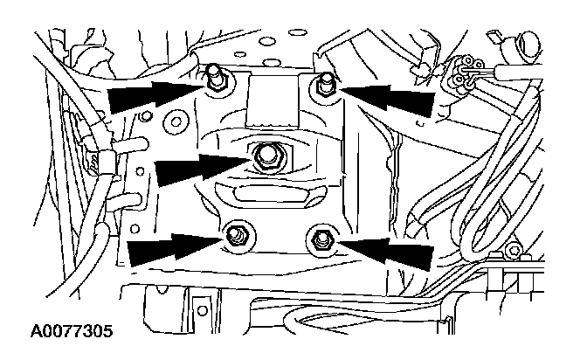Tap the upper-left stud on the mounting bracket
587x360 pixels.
tap(215, 78)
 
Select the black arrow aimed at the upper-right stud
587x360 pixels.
tap(388, 98)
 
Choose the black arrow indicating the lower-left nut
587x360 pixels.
tap(174, 248)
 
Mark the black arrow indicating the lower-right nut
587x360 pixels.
tap(385, 253)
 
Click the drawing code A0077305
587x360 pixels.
tap(72, 331)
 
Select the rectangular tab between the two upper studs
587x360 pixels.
tap(273, 100)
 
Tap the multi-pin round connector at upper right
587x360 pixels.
tap(464, 73)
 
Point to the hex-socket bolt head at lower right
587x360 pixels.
tap(513, 250)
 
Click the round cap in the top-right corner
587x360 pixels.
tap(528, 45)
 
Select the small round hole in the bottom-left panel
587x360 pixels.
tap(203, 310)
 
